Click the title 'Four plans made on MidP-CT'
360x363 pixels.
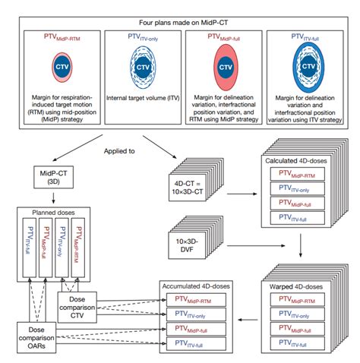(180, 11)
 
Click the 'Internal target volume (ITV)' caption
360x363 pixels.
(141, 96)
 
